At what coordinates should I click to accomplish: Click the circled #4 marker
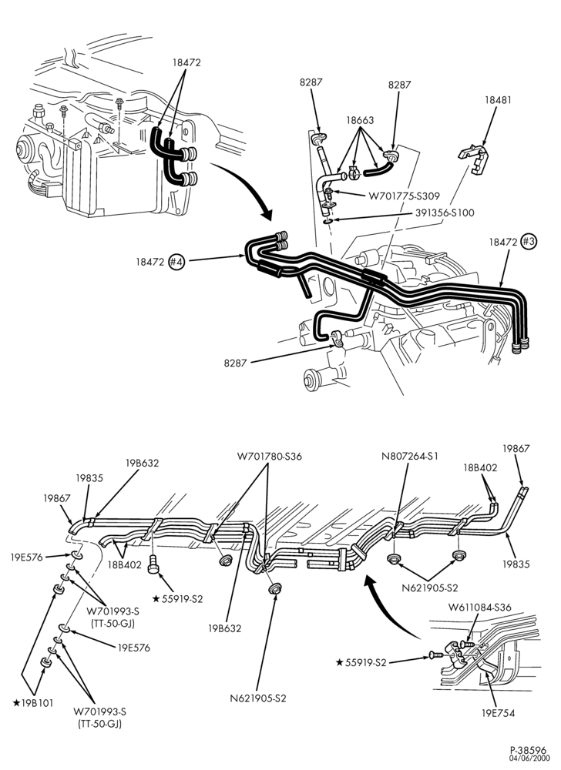pyautogui.click(x=176, y=262)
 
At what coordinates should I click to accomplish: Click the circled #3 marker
pyautogui.click(x=528, y=242)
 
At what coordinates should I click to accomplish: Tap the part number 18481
pyautogui.click(x=498, y=99)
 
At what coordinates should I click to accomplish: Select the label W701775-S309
pyautogui.click(x=404, y=196)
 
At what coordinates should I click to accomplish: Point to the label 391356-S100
pyautogui.click(x=445, y=213)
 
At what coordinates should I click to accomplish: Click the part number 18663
pyautogui.click(x=360, y=120)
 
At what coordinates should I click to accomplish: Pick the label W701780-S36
pyautogui.click(x=270, y=456)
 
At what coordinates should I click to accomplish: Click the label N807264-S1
pyautogui.click(x=410, y=456)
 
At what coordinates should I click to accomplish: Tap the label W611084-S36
pyautogui.click(x=479, y=607)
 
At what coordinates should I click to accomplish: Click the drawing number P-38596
pyautogui.click(x=528, y=750)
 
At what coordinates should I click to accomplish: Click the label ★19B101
pyautogui.click(x=33, y=703)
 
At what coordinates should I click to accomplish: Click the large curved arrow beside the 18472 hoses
pyautogui.click(x=244, y=190)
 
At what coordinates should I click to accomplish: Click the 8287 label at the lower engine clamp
pyautogui.click(x=235, y=363)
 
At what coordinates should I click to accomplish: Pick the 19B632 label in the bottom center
pyautogui.click(x=224, y=628)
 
